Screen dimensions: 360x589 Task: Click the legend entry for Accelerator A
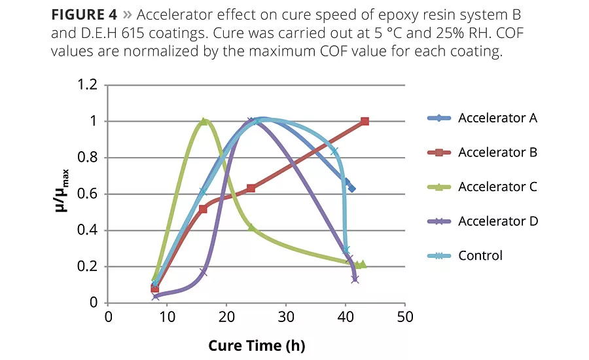[x=497, y=118]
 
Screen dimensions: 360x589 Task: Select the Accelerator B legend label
[x=497, y=153]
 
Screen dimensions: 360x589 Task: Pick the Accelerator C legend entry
[x=497, y=187]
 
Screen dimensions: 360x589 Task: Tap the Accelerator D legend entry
[x=497, y=221]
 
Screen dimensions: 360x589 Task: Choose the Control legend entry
[x=480, y=255]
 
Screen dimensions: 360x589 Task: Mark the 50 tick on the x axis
[x=405, y=317]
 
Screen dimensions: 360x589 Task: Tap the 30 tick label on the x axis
[x=286, y=317]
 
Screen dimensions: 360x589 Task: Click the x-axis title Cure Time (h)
[x=257, y=345]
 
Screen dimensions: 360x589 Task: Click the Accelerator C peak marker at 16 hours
[x=204, y=121]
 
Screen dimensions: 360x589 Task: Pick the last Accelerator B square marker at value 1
[x=365, y=121]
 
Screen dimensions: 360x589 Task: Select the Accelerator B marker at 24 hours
[x=251, y=188]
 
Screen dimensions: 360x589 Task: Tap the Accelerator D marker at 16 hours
[x=204, y=272]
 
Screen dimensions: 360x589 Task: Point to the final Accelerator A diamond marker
[x=352, y=189]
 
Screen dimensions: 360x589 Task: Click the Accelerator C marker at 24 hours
[x=251, y=227]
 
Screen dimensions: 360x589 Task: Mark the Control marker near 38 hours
[x=334, y=151]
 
